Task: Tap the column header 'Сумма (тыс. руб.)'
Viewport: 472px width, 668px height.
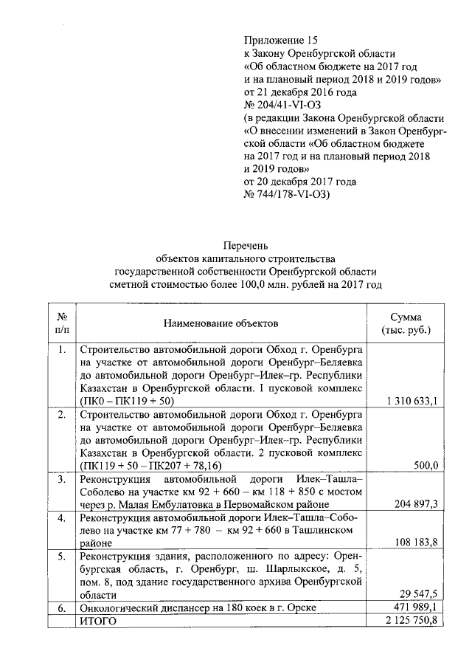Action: click(x=406, y=323)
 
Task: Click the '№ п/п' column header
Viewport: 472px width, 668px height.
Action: click(x=63, y=323)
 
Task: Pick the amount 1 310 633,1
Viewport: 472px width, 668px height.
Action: click(x=412, y=401)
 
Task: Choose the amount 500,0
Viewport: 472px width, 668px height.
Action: click(x=426, y=466)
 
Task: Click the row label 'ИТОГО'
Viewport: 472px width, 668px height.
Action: click(x=97, y=621)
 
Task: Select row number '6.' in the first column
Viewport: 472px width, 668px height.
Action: click(x=63, y=607)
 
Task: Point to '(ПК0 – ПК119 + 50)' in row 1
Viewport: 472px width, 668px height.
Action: click(x=126, y=401)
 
